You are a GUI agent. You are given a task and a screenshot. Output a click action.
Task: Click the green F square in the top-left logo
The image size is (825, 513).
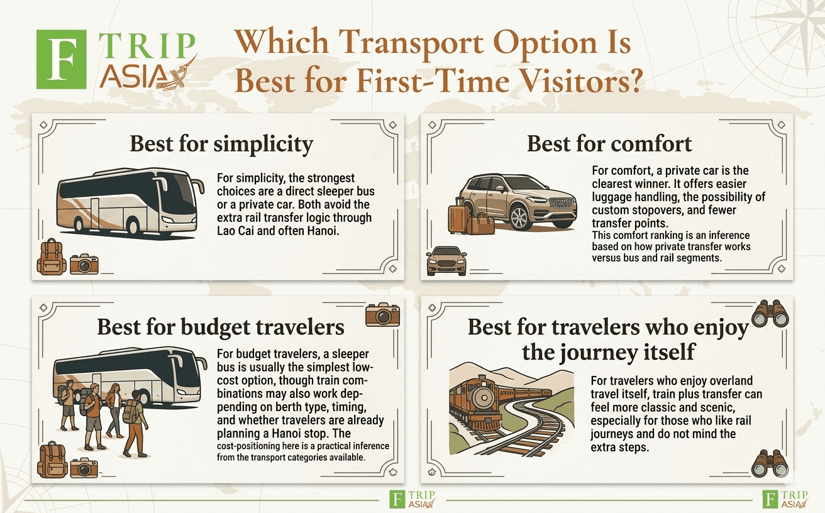coord(62,59)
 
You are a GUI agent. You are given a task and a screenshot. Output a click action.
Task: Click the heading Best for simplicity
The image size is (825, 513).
coord(221,144)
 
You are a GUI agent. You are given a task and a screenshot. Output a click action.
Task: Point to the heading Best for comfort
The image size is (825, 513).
coord(609,143)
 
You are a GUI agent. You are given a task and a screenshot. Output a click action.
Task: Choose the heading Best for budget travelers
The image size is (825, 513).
coord(221,327)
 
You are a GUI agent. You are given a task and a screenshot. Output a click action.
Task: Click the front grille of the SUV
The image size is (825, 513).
coord(561,203)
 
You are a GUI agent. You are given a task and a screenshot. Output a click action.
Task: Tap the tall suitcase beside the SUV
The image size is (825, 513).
coord(457,216)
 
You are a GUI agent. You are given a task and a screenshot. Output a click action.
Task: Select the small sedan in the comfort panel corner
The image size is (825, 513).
coord(446,261)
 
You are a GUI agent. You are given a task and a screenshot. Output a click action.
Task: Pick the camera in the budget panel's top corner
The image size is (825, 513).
coord(382,314)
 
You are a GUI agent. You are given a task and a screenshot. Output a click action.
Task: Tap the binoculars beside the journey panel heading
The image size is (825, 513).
coord(770,314)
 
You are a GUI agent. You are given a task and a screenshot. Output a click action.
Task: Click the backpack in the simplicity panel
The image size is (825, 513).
coord(52,257)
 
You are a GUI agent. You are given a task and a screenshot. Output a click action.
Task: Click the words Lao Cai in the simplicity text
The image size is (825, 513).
coord(236,231)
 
